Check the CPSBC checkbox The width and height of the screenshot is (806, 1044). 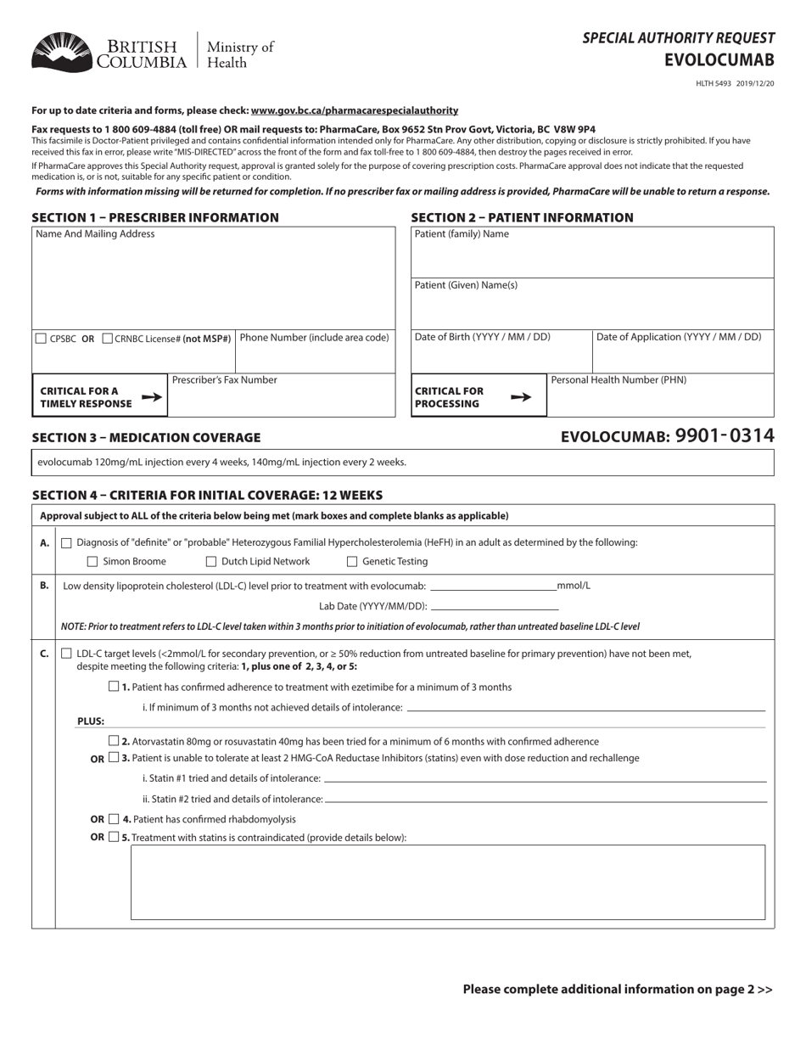click(x=41, y=339)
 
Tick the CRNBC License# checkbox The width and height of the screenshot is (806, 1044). click(x=107, y=339)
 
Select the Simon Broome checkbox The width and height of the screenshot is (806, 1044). click(x=93, y=562)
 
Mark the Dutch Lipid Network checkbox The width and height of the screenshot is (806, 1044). click(x=211, y=562)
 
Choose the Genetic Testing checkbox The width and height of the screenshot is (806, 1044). click(x=352, y=562)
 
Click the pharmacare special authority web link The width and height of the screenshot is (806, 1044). click(x=354, y=110)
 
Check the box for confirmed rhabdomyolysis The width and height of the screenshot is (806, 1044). click(x=114, y=819)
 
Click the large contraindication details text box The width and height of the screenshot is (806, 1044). click(x=447, y=882)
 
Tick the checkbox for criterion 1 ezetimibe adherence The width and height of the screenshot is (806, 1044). click(x=114, y=687)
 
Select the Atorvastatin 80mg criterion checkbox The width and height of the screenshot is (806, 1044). click(x=114, y=741)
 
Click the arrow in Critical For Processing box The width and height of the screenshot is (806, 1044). click(x=522, y=396)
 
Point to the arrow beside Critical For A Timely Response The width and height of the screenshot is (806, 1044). click(x=151, y=396)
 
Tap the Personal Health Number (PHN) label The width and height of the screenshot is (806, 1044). click(x=618, y=380)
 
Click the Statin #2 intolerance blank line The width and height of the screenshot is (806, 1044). click(x=546, y=800)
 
